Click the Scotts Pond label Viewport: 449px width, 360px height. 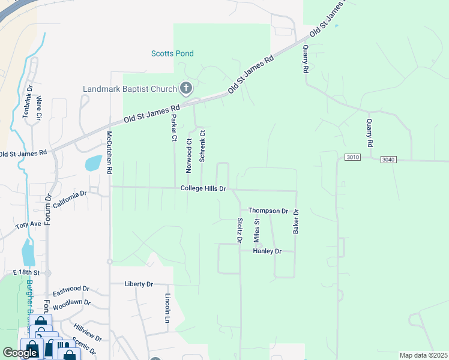click(x=172, y=53)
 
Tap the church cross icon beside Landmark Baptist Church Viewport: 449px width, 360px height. click(x=185, y=89)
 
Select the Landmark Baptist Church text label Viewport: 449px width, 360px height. click(x=130, y=89)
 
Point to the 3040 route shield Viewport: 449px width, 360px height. click(x=389, y=159)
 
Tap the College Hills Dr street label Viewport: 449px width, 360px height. click(x=203, y=188)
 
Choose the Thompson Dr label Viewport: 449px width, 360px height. click(x=268, y=211)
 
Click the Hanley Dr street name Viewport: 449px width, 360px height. click(x=267, y=251)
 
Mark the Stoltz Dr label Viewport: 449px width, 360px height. click(x=240, y=230)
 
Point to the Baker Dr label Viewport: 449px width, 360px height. click(x=296, y=221)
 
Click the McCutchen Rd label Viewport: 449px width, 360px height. click(x=109, y=152)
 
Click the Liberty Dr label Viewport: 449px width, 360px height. click(x=139, y=284)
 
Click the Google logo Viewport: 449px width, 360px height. click(x=20, y=353)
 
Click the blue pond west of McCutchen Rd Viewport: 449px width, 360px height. click(x=93, y=163)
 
